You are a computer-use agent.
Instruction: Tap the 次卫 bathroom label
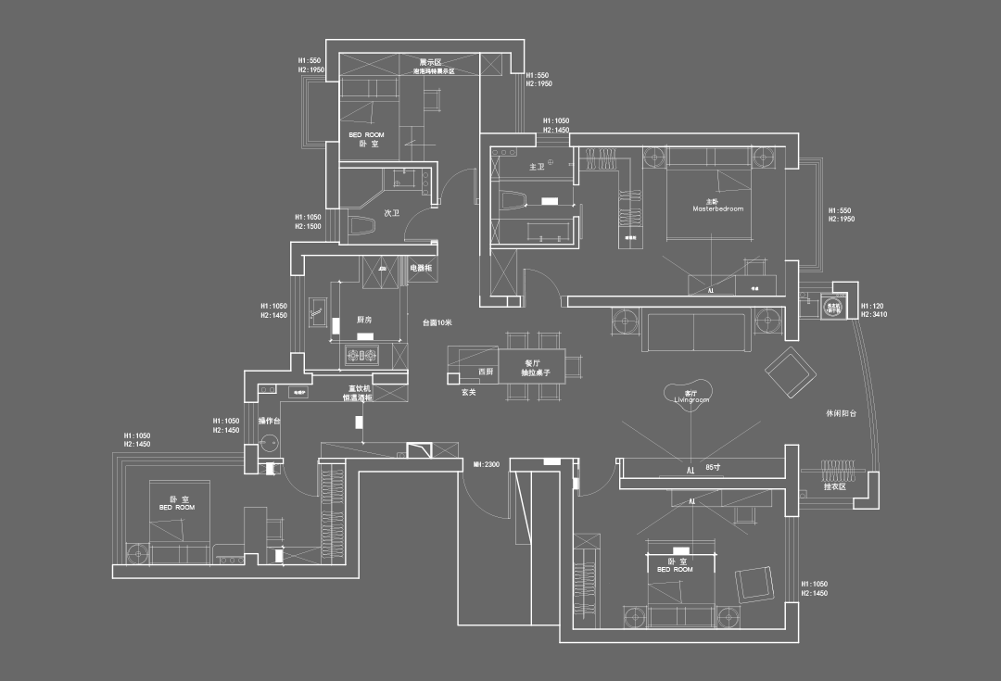coord(391,213)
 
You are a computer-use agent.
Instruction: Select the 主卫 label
coord(536,168)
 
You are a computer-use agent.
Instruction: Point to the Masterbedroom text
coord(718,209)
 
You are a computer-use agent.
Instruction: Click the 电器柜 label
coord(421,268)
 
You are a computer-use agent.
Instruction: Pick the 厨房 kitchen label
coord(364,319)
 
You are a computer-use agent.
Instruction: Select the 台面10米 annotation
coord(437,322)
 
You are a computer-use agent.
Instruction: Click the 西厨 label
coord(486,372)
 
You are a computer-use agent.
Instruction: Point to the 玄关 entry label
coord(469,392)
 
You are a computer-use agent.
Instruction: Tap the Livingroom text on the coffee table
coord(691,400)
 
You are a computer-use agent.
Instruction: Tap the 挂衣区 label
coord(835,486)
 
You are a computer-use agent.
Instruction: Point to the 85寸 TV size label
coord(713,468)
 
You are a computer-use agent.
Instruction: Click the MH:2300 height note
coord(487,464)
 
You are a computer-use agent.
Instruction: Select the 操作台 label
coord(269,422)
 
